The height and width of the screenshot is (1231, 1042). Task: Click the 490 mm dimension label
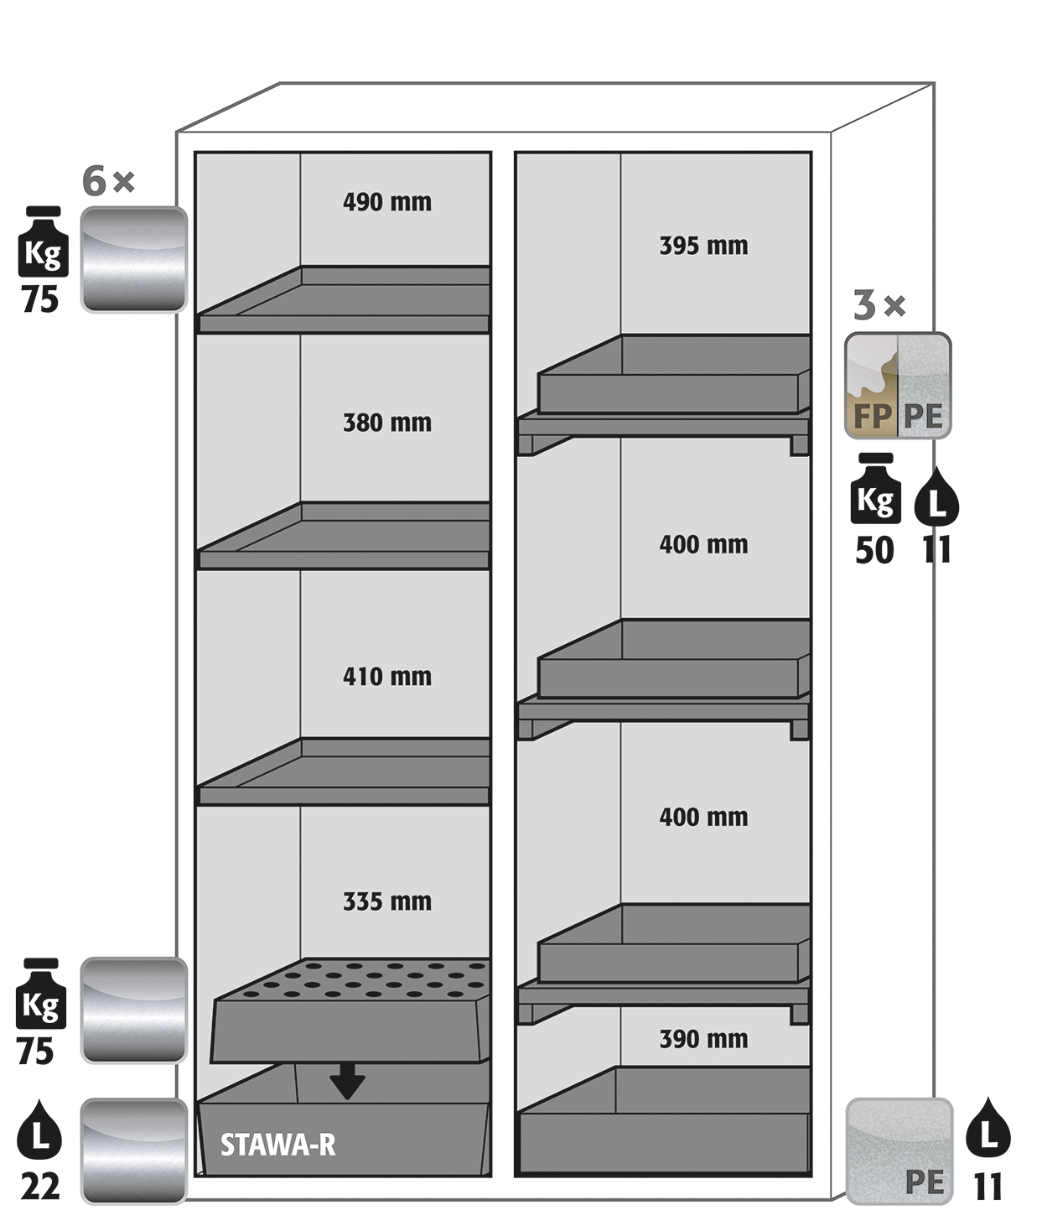(x=386, y=202)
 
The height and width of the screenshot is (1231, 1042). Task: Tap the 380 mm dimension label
(x=386, y=423)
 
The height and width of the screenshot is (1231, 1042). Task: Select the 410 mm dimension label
(x=386, y=677)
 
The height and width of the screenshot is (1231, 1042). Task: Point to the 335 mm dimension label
(x=386, y=902)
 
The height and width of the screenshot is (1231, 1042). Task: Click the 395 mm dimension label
(x=703, y=246)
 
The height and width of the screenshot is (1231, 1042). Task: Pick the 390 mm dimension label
(x=703, y=1040)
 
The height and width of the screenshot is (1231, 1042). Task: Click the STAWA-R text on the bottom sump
(x=277, y=1145)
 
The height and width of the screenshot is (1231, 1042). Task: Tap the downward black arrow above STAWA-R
(x=347, y=1082)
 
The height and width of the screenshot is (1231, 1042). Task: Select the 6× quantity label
(x=108, y=181)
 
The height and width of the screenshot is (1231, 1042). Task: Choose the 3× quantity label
(x=879, y=306)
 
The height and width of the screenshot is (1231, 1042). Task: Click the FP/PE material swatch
(x=897, y=386)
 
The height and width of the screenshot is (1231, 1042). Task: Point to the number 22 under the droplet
(x=40, y=1187)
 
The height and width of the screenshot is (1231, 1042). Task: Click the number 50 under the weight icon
(x=874, y=551)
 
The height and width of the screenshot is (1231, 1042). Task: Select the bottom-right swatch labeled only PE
(x=899, y=1150)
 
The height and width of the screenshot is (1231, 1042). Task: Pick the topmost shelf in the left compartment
(x=344, y=302)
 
